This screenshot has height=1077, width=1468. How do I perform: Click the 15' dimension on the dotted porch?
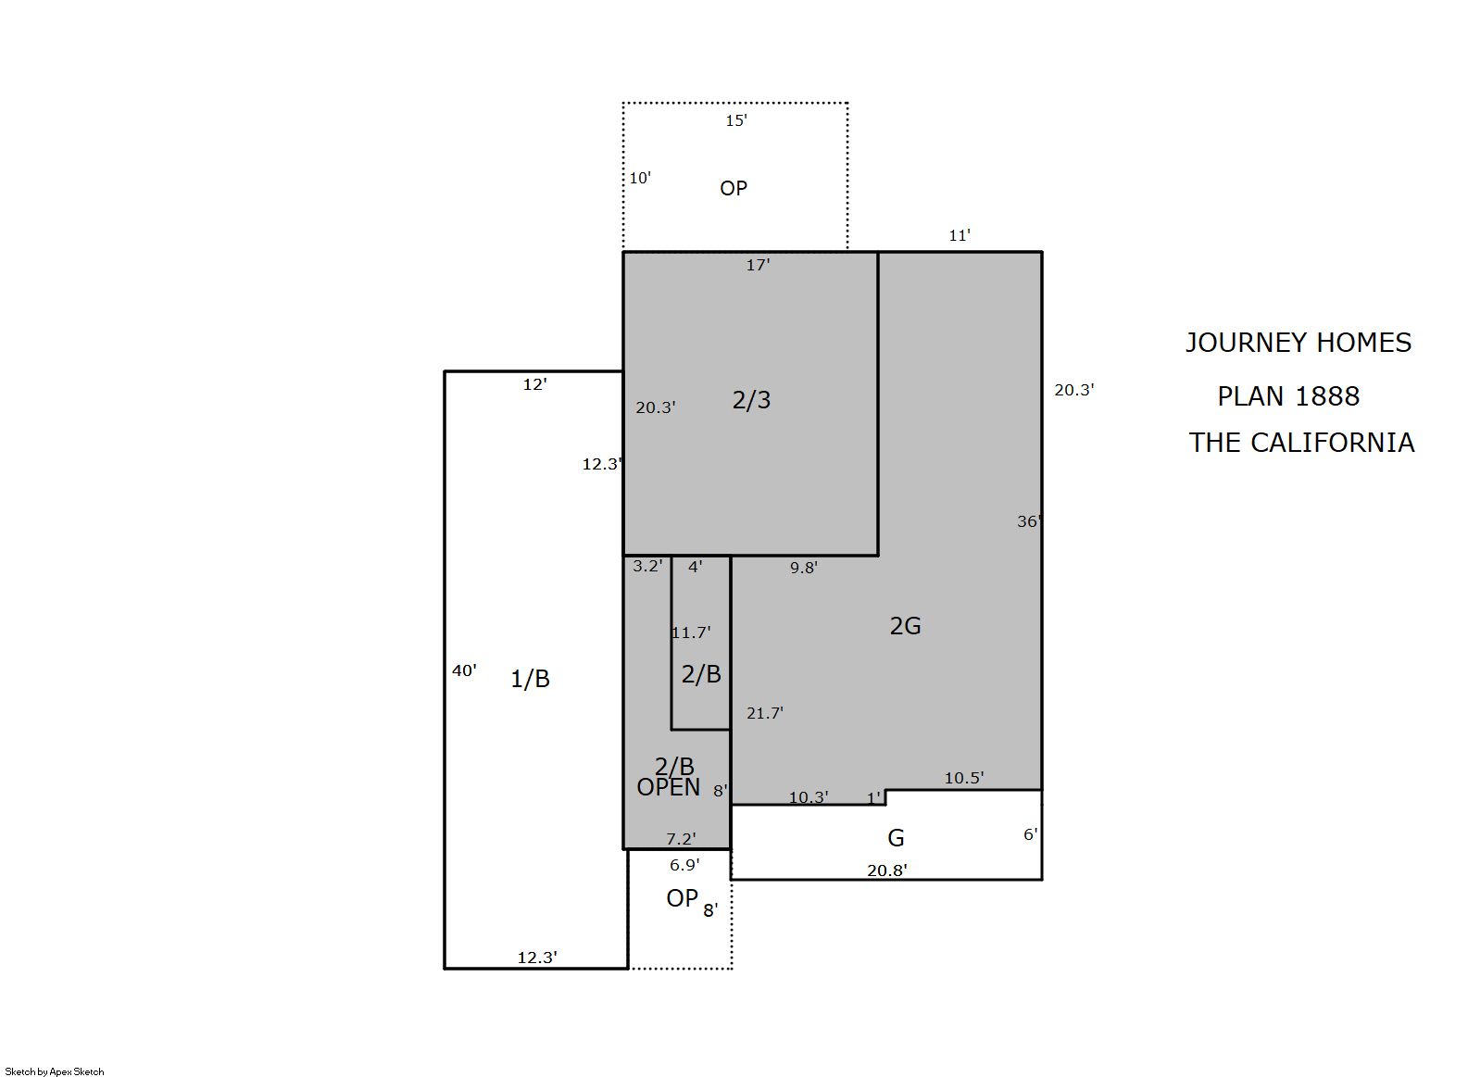point(736,120)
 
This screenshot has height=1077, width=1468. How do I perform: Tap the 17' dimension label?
point(758,266)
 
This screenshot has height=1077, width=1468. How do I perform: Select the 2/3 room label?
point(751,400)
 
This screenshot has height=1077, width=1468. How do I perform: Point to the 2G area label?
point(905,626)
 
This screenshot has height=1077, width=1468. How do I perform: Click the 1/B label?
point(530,679)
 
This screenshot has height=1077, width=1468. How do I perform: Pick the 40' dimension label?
point(464,670)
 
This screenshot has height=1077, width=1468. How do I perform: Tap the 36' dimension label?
point(1029,521)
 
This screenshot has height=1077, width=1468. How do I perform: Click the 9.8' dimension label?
point(804,568)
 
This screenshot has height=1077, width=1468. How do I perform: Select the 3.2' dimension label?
point(647,566)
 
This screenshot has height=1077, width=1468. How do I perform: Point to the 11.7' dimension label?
point(691,632)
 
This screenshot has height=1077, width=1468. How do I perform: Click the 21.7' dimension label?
point(765,713)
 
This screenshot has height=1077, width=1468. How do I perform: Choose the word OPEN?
point(669,787)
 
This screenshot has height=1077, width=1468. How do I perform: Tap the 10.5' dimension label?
point(963,778)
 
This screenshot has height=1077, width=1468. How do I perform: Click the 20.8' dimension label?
point(886,870)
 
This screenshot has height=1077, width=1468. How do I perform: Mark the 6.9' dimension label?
point(684,866)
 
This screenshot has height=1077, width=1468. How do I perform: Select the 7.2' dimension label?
point(681,839)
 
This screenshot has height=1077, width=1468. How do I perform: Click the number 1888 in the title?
point(1327,396)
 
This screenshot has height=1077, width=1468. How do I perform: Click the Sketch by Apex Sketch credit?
point(55,1071)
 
